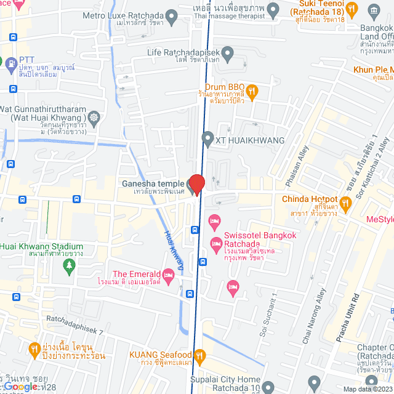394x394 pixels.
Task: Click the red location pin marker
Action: click(196, 183)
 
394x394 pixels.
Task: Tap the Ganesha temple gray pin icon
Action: click(191, 185)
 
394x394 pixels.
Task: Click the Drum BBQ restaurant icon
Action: click(251, 92)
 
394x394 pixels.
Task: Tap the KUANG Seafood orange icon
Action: click(199, 355)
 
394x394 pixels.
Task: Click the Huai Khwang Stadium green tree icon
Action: click(69, 265)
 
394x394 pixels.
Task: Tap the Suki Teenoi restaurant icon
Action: click(352, 9)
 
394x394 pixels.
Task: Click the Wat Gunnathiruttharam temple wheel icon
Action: click(94, 117)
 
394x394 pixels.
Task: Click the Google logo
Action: click(20, 387)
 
